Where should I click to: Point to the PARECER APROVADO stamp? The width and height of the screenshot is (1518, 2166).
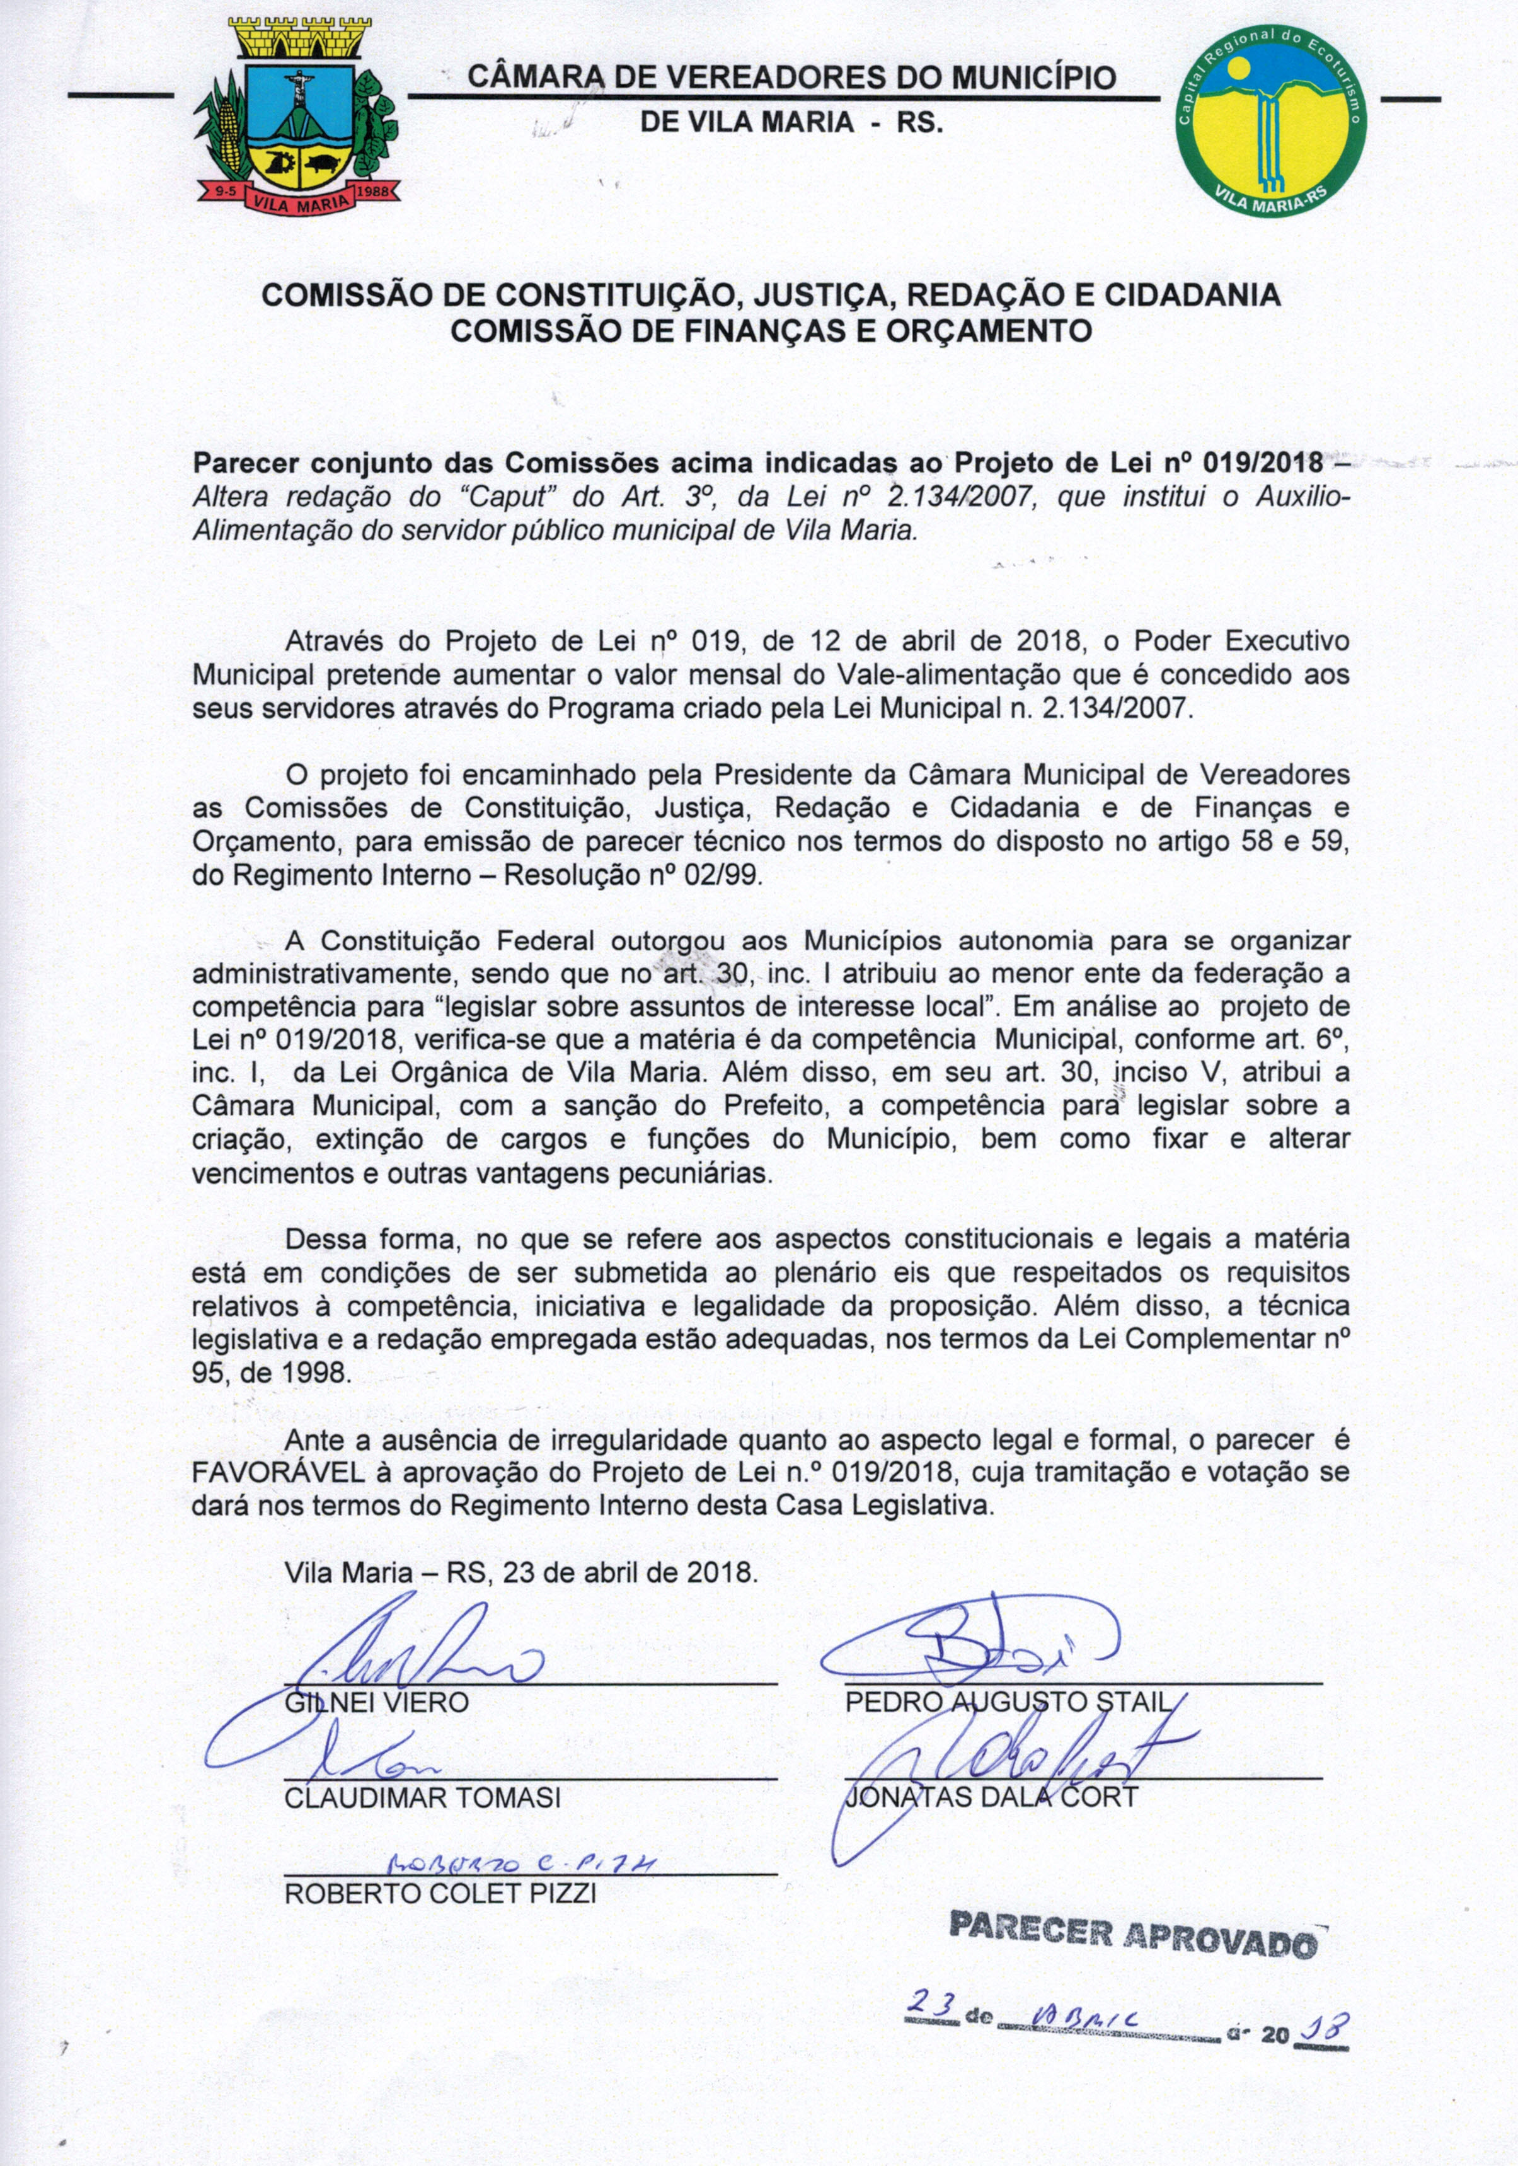(1132, 1933)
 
